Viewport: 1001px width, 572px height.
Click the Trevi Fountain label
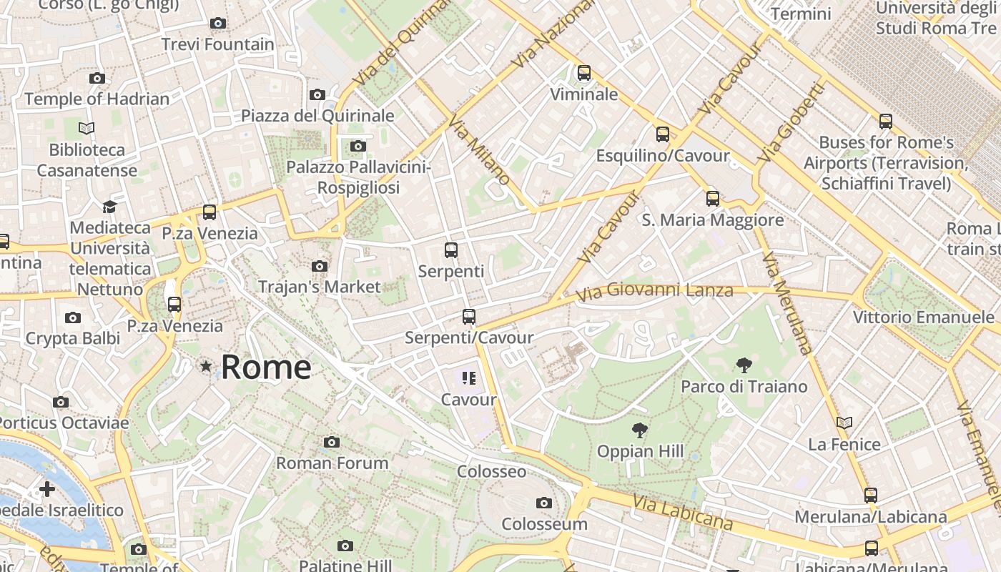217,44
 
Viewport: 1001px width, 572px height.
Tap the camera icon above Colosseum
544,503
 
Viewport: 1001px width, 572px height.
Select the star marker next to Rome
206,367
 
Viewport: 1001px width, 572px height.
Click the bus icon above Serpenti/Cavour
469,316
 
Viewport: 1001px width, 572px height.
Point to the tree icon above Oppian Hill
640,430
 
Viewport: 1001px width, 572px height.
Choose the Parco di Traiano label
744,387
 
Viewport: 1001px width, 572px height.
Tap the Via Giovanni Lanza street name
654,291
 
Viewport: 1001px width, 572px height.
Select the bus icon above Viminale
584,72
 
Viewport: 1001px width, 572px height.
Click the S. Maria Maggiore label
712,220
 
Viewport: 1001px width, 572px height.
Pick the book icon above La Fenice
844,423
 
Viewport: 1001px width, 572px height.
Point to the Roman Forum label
332,463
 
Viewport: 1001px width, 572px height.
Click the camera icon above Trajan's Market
320,267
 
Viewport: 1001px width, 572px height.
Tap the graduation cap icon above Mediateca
109,207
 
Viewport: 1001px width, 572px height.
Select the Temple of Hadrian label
97,99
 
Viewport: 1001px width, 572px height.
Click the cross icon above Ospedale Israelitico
47,489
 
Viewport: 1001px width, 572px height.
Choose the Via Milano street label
478,149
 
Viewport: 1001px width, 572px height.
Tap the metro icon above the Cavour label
469,378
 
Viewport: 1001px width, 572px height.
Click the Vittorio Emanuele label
923,317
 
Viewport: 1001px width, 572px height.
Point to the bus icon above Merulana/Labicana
871,495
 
